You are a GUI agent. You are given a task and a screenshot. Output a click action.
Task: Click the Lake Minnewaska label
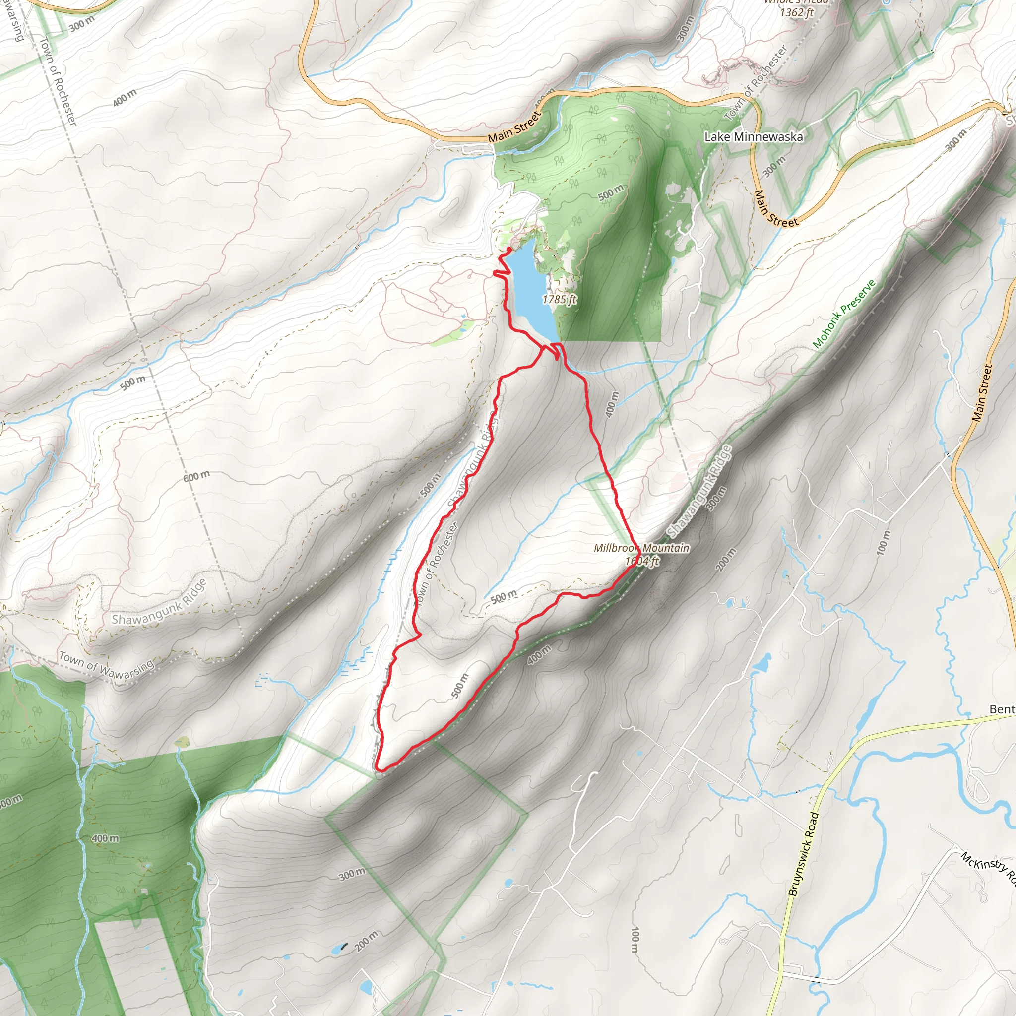coord(753,137)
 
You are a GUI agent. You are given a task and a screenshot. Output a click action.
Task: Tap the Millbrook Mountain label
coord(641,548)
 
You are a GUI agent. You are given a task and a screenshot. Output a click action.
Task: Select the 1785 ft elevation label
coord(559,299)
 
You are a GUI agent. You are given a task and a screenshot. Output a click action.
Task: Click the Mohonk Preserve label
coord(843,314)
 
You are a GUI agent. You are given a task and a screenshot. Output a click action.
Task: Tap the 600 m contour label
coord(196,476)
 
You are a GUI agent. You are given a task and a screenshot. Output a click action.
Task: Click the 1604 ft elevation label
coord(641,561)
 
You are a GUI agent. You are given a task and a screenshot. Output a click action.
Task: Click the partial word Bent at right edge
coord(1002,709)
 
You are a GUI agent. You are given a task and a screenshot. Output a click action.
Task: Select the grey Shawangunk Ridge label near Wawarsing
coord(159,601)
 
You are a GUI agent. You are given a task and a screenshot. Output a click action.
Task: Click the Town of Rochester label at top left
coord(59,81)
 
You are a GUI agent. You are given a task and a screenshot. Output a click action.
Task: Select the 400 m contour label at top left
coord(125,98)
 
